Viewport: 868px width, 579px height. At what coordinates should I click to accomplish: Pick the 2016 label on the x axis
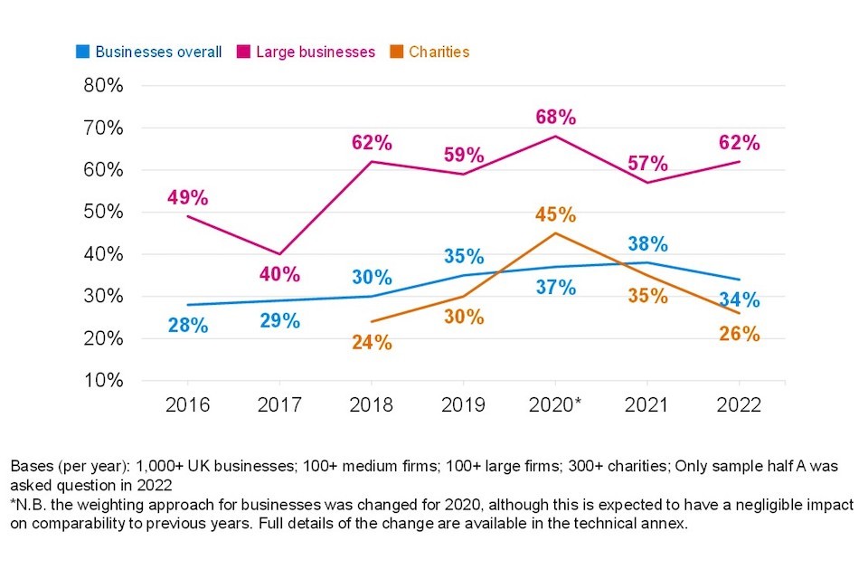187,404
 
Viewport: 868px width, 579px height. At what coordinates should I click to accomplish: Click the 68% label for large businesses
555,118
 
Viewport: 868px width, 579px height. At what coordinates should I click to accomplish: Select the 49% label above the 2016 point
187,197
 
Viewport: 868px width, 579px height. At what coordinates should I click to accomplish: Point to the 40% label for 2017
280,274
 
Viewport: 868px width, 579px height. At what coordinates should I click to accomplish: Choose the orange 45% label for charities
555,215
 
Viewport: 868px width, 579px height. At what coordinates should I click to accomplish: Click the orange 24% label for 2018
372,343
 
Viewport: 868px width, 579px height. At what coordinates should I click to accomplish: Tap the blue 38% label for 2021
647,244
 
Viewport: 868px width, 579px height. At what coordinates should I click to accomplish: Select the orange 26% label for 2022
740,334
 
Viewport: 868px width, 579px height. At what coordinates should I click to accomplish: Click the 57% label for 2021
647,165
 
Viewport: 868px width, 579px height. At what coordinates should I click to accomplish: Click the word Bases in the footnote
31,467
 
